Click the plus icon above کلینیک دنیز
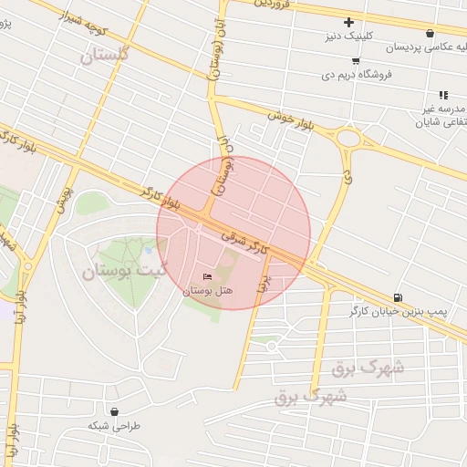tap(348, 23)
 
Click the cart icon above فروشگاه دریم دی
tap(355, 61)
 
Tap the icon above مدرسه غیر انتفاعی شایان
tap(443, 94)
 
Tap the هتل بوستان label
tap(208, 291)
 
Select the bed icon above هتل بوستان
tap(207, 276)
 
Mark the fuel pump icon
tap(398, 297)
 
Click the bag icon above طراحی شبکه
tap(113, 411)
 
